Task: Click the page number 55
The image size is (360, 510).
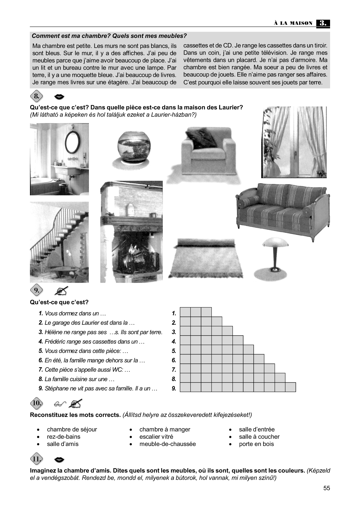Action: pos(327,488)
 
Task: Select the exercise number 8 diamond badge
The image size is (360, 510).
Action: pos(36,97)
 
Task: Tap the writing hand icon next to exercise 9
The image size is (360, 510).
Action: pos(61,290)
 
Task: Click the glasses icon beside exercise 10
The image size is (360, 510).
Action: pos(60,404)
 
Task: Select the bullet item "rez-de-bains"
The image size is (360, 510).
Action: pos(64,437)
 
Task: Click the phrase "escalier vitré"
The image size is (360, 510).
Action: pos(156,437)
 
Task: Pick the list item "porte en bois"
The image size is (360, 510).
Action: pos(256,444)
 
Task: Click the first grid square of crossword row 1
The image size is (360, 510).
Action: pos(185,312)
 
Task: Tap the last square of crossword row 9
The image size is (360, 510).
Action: pos(290,387)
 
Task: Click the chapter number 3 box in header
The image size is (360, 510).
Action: pos(323,23)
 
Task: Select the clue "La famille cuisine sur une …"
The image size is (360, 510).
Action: pos(80,379)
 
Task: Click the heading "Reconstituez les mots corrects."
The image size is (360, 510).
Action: pos(75,415)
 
